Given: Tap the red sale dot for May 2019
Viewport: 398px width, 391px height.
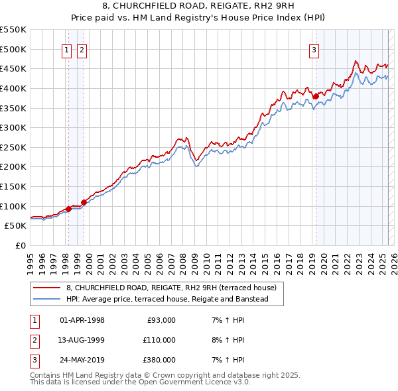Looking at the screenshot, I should pyautogui.click(x=316, y=96).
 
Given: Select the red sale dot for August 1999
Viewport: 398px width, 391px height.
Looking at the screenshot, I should pyautogui.click(x=84, y=202).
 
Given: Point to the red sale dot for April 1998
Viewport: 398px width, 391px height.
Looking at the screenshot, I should pyautogui.click(x=68, y=209).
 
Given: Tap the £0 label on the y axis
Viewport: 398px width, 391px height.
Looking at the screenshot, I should pyautogui.click(x=20, y=245).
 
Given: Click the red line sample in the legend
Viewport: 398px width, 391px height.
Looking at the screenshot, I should pyautogui.click(x=48, y=288).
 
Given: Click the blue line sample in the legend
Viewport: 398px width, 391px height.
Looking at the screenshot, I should pyautogui.click(x=48, y=300).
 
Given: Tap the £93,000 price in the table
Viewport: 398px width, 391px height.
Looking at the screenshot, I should pyautogui.click(x=159, y=320).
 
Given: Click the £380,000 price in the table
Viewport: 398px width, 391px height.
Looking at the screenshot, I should pyautogui.click(x=159, y=360).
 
